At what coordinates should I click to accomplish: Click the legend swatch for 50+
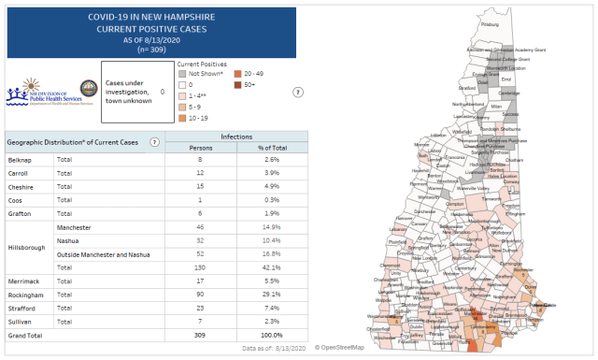point(239,84)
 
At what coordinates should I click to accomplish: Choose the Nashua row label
point(68,239)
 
